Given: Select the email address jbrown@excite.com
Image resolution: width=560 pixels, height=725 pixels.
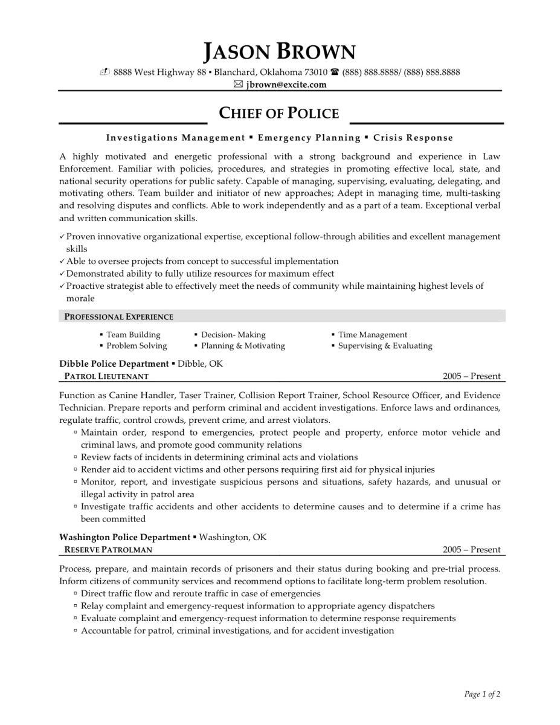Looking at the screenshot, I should (286, 85).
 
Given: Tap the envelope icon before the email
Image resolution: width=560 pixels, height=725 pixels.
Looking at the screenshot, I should (238, 85).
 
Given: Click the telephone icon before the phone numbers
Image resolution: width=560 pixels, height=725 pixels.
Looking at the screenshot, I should (335, 72).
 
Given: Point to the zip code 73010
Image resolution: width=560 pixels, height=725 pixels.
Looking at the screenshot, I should (314, 72).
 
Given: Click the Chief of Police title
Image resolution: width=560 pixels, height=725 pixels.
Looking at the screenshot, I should (278, 113).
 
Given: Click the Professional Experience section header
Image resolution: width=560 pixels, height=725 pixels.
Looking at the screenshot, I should (119, 317).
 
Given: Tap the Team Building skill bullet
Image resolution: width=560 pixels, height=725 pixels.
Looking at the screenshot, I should (133, 335).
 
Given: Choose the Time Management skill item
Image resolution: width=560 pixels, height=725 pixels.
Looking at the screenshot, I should (372, 335).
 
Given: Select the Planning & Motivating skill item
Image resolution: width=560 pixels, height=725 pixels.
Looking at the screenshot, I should (242, 346).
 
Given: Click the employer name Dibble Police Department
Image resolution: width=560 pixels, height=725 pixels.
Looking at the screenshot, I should (114, 364).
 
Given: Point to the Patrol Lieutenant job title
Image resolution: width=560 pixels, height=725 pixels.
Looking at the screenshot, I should (106, 376).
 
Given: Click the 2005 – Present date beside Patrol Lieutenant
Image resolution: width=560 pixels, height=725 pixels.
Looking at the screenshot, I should (471, 376).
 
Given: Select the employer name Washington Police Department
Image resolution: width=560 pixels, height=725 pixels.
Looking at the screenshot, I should (124, 537).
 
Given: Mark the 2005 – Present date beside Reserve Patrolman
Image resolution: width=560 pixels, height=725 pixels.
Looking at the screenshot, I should (471, 550).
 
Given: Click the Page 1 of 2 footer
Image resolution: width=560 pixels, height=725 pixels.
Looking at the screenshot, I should (482, 695).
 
